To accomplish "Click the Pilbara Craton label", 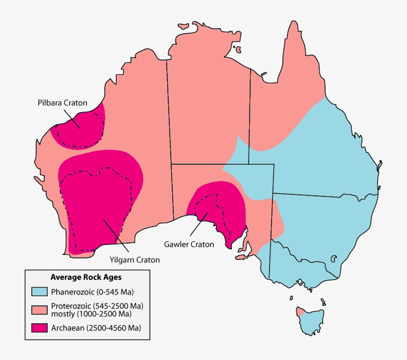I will [x=62, y=103].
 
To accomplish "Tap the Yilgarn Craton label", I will [x=135, y=259].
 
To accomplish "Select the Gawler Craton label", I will [x=189, y=244].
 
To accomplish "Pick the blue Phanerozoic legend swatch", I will [x=39, y=291].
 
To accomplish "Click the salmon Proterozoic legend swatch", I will [x=39, y=309].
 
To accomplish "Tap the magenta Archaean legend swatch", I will [x=39, y=327].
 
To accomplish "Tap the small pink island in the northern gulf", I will [x=238, y=50].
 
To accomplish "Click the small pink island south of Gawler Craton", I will [x=241, y=257].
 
